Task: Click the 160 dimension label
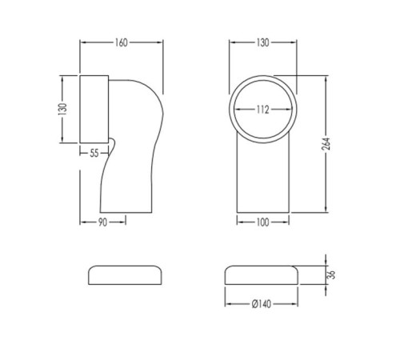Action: click(122, 42)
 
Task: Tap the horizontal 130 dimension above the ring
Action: click(262, 42)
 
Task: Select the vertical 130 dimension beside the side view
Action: click(62, 109)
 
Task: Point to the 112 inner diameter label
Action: click(263, 110)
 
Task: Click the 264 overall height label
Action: click(326, 144)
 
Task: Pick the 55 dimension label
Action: click(94, 154)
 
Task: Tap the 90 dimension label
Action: click(102, 222)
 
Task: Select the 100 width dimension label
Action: click(262, 222)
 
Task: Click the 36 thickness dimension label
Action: click(331, 274)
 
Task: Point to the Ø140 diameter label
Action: click(262, 304)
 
